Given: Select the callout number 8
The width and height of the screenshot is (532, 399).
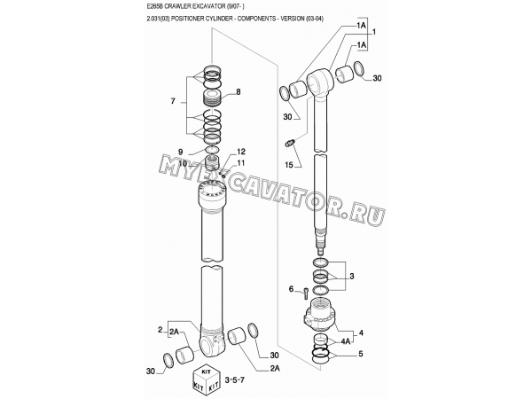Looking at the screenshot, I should pyautogui.click(x=238, y=90).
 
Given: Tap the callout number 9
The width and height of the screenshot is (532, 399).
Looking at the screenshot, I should pyautogui.click(x=179, y=151).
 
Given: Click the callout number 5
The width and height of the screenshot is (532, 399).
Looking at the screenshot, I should pyautogui.click(x=359, y=355).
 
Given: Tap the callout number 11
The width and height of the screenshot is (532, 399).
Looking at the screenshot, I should pyautogui.click(x=240, y=163).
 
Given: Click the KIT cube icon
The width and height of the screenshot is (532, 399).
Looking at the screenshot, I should pyautogui.click(x=205, y=379).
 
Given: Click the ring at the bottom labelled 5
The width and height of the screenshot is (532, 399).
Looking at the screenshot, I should pyautogui.click(x=324, y=356).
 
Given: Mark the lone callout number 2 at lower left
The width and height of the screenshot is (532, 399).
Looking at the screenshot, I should pyautogui.click(x=160, y=329).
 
